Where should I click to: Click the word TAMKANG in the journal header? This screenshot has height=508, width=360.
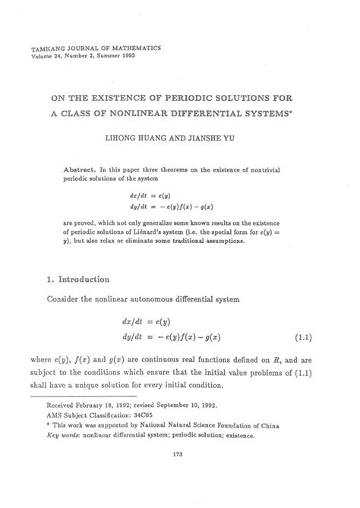pos(46,46)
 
